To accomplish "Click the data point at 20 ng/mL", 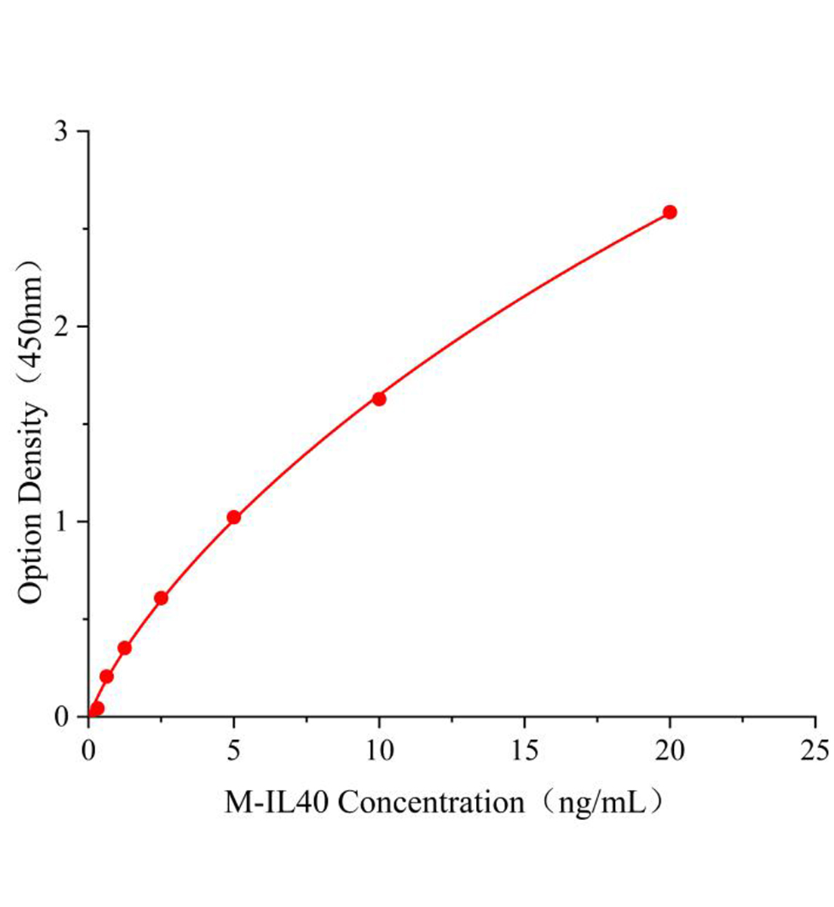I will (669, 212).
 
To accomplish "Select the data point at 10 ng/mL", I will (379, 398).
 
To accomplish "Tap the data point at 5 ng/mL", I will (233, 517).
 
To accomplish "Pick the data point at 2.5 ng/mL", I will (161, 598).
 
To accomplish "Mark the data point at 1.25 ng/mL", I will (125, 648).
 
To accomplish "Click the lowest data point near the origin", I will (97, 708).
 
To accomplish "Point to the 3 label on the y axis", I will (61, 132).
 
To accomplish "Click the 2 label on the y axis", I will (61, 327).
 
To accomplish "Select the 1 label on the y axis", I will (61, 522).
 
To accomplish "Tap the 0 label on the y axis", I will (61, 717).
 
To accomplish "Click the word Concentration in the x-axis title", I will (431, 802).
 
